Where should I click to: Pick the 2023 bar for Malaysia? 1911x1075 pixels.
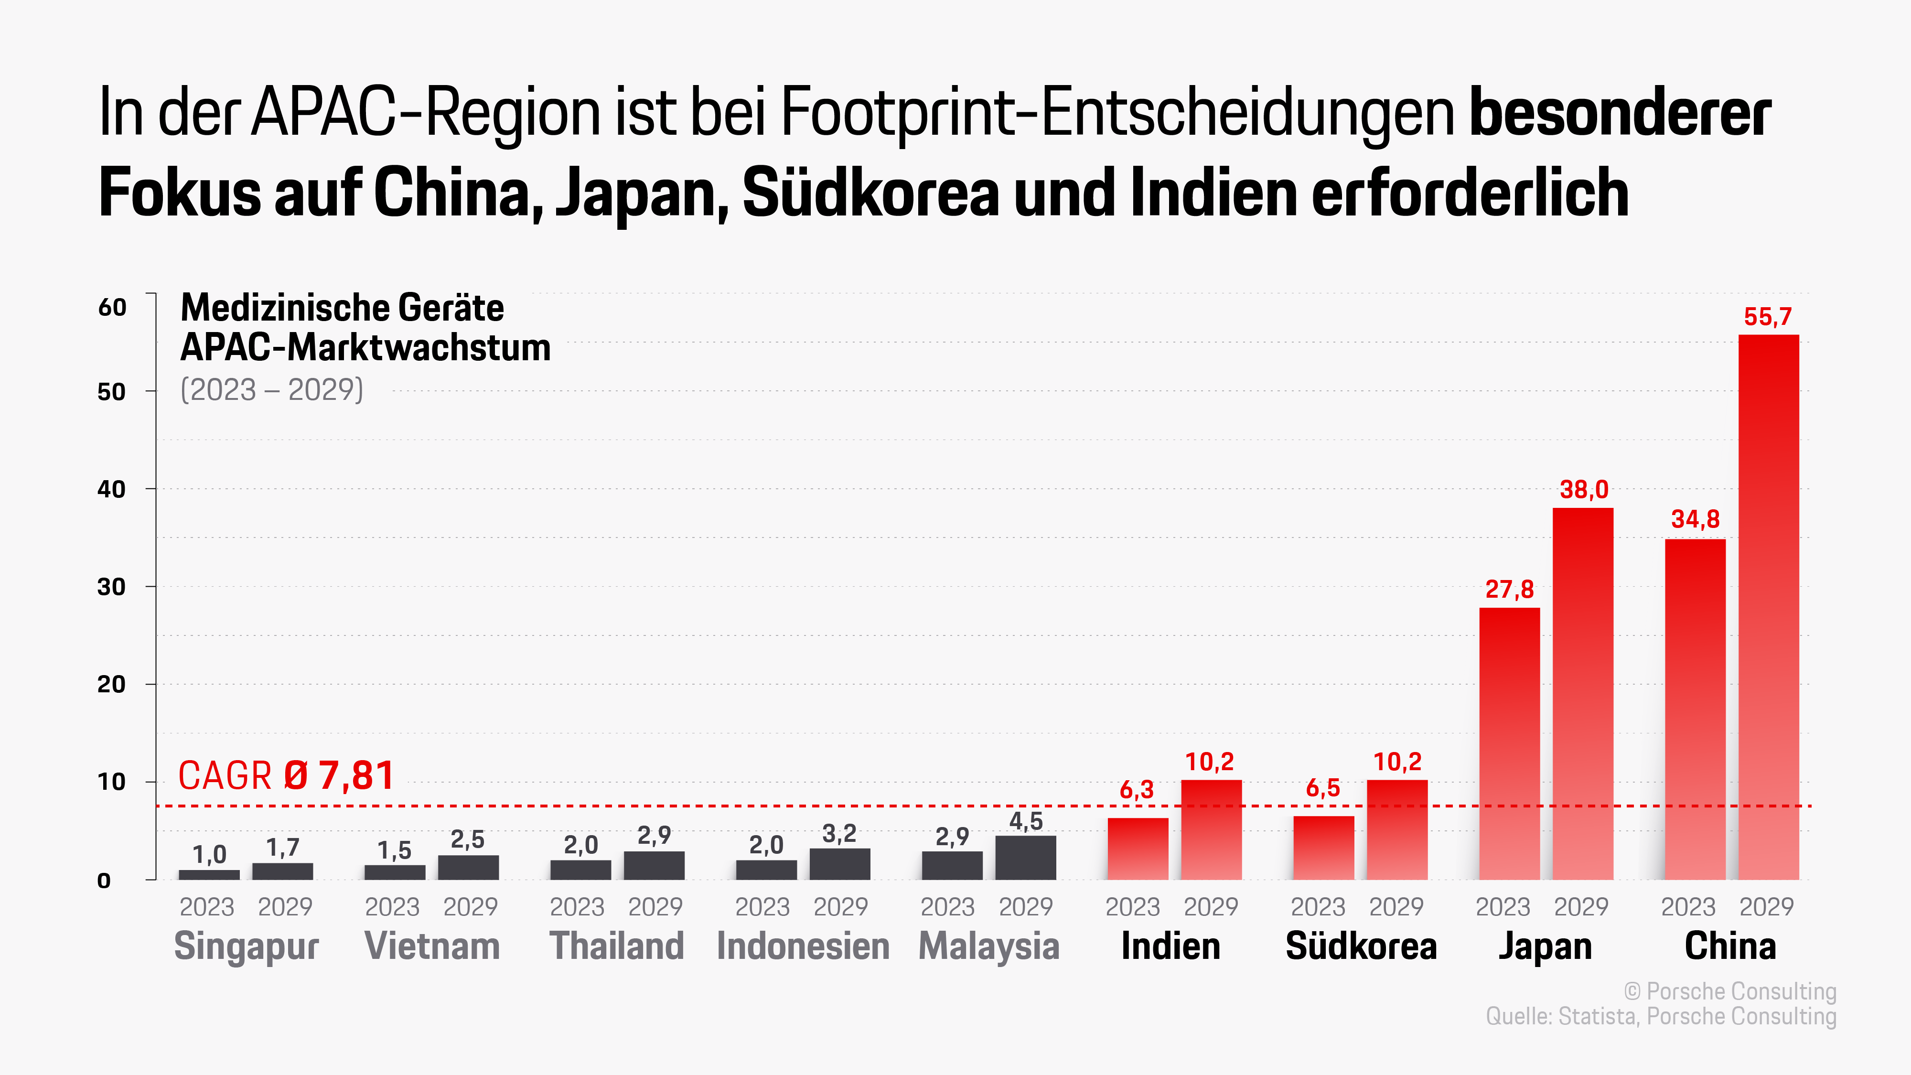[952, 865]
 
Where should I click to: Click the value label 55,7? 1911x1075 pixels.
[1768, 317]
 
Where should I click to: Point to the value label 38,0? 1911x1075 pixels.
[1584, 490]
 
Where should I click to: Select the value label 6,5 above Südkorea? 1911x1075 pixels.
[1323, 788]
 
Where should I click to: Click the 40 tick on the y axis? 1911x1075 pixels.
[111, 489]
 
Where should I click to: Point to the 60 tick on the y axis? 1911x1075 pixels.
[112, 307]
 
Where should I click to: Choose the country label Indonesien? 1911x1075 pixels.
[803, 946]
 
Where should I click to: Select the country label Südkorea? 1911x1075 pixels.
[1361, 946]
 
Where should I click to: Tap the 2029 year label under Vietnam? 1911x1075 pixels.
[470, 907]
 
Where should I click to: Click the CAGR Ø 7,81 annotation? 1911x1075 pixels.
[286, 776]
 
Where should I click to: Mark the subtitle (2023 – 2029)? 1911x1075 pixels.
[271, 389]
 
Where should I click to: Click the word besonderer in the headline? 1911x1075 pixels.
[1620, 113]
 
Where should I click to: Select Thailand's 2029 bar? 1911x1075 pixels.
[654, 865]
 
